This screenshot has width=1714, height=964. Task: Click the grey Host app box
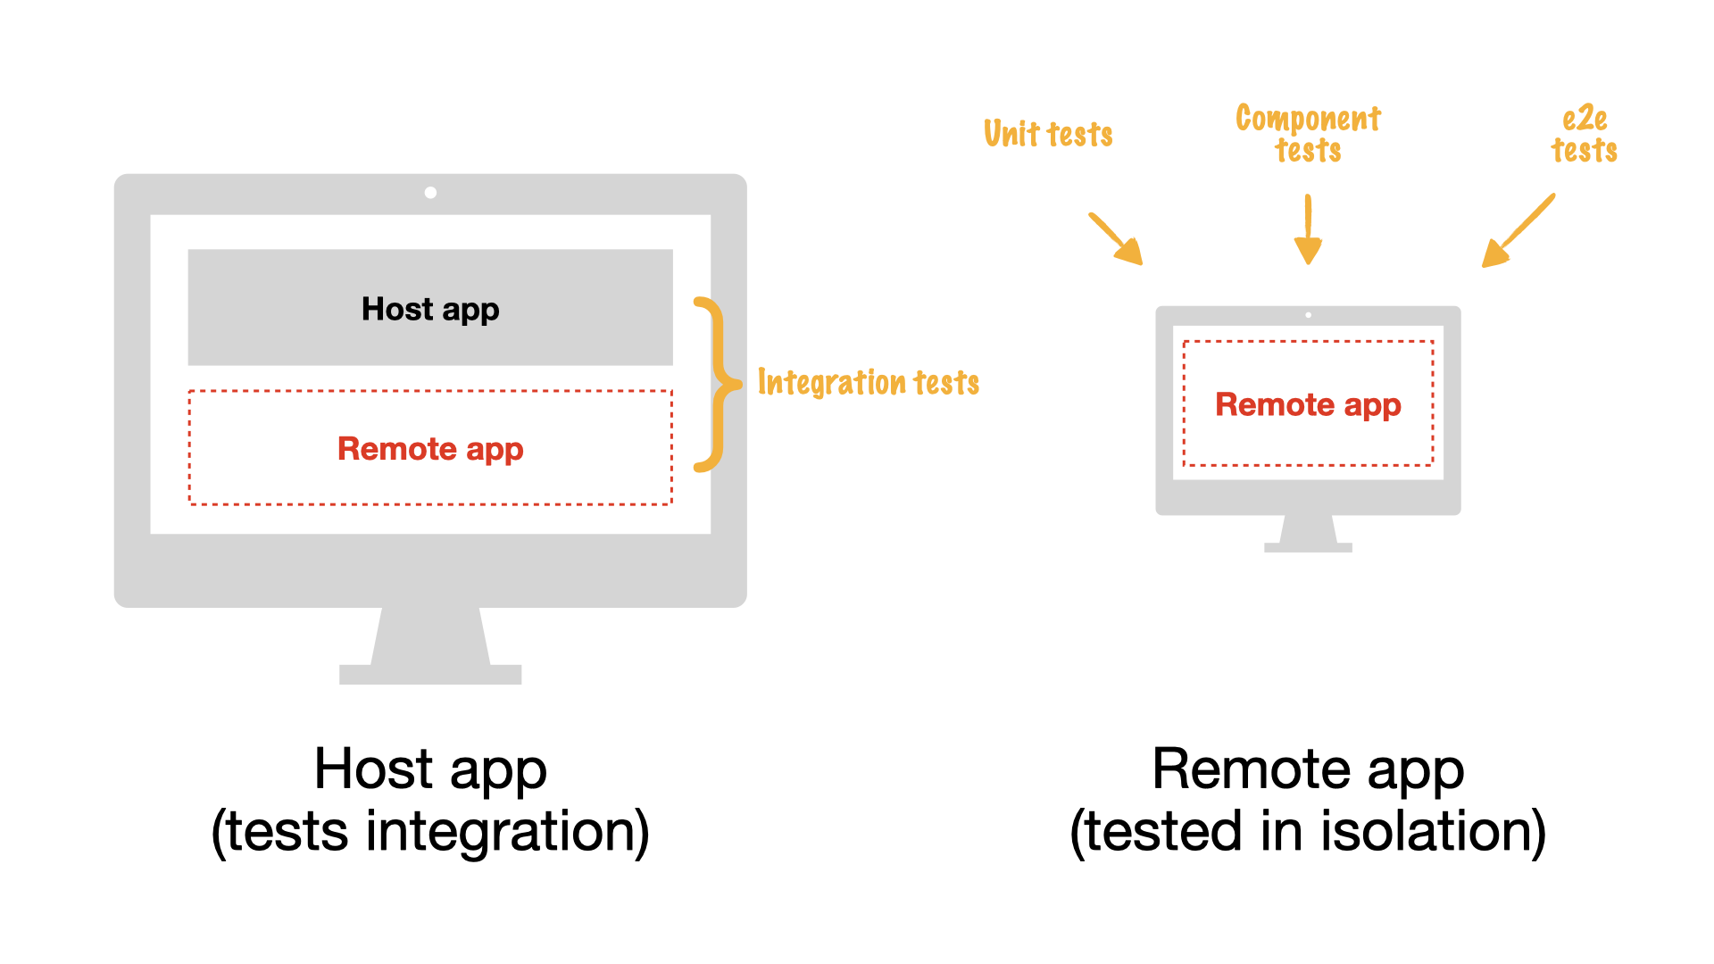click(430, 308)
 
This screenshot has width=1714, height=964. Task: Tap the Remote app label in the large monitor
click(430, 449)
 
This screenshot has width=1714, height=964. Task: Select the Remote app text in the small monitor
click(1308, 405)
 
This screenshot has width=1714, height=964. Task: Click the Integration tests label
click(868, 383)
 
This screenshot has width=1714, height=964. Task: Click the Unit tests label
click(1048, 134)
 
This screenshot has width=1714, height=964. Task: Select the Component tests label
click(1308, 134)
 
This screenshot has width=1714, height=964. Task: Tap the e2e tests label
click(1584, 134)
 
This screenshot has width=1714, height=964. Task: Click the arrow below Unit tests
click(1117, 239)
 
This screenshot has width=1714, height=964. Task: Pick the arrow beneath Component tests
click(1308, 230)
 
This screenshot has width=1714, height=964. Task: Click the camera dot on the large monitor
click(430, 193)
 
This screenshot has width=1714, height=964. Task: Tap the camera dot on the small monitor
click(1308, 315)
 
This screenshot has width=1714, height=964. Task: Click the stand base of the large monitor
click(430, 674)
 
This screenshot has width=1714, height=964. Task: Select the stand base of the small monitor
click(1308, 547)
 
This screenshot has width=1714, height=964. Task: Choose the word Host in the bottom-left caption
click(373, 769)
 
